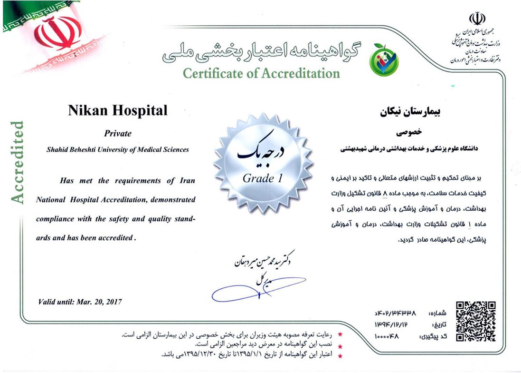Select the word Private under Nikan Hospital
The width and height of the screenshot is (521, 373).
(x=118, y=134)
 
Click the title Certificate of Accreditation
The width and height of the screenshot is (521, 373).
(x=261, y=73)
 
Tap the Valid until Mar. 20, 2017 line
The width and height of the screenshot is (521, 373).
(x=80, y=302)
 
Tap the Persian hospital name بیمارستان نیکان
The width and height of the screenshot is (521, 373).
(x=408, y=113)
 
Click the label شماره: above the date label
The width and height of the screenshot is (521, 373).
(x=438, y=314)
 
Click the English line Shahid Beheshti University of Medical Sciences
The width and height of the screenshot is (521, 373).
(x=118, y=149)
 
